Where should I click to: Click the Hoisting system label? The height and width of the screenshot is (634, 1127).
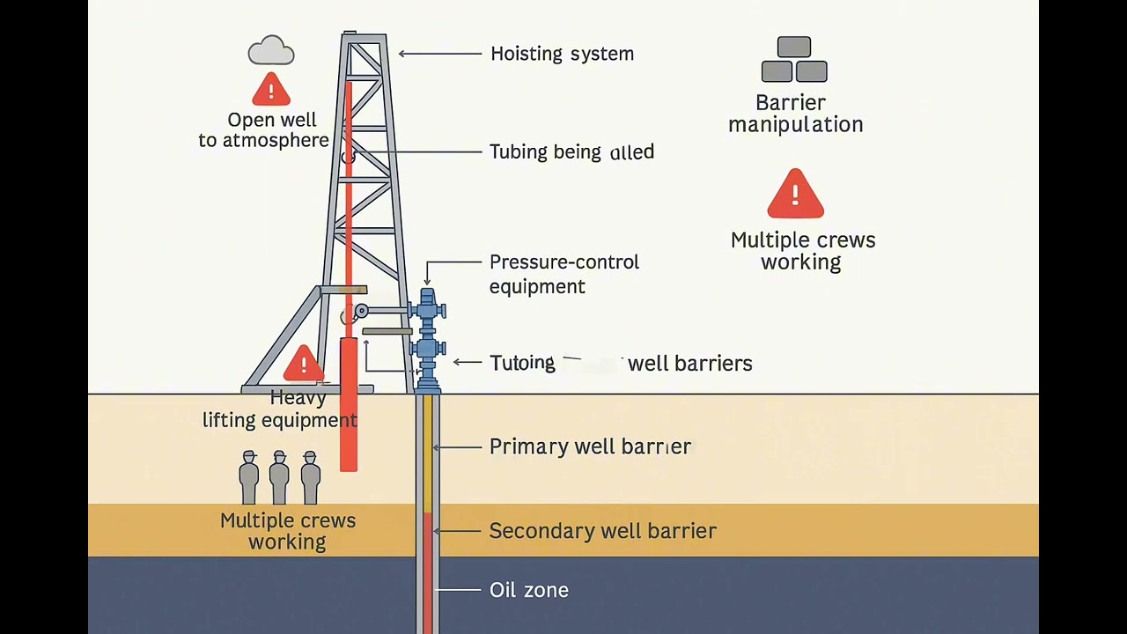pyautogui.click(x=562, y=54)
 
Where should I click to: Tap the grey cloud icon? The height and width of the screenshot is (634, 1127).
pyautogui.click(x=271, y=51)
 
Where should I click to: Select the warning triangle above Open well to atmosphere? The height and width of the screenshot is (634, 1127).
pyautogui.click(x=271, y=90)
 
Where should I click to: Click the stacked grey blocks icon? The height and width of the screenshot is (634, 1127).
pyautogui.click(x=794, y=60)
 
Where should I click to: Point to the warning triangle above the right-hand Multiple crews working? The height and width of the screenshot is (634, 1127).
pyautogui.click(x=795, y=195)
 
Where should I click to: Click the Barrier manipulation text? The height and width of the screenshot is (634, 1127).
pyautogui.click(x=795, y=114)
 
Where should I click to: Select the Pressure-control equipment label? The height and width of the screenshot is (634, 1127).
pyautogui.click(x=563, y=274)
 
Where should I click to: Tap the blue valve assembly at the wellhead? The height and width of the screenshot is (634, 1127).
pyautogui.click(x=428, y=339)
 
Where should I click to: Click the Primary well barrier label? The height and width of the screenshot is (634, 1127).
pyautogui.click(x=590, y=446)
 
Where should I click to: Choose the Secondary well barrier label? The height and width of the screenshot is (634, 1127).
pyautogui.click(x=602, y=531)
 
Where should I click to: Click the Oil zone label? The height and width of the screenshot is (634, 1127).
pyautogui.click(x=528, y=590)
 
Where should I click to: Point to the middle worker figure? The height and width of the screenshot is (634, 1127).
pyautogui.click(x=279, y=477)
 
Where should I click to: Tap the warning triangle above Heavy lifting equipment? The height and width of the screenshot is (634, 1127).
pyautogui.click(x=304, y=364)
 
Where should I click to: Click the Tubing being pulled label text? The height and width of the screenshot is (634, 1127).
pyautogui.click(x=571, y=151)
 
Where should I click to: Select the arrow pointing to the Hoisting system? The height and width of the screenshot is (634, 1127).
pyautogui.click(x=440, y=54)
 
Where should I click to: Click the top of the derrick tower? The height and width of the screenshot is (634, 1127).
pyautogui.click(x=364, y=38)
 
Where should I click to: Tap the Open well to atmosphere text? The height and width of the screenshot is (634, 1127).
pyautogui.click(x=264, y=129)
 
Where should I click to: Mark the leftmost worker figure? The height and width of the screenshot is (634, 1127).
pyautogui.click(x=249, y=477)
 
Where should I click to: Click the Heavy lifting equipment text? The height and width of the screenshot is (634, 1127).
pyautogui.click(x=280, y=409)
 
